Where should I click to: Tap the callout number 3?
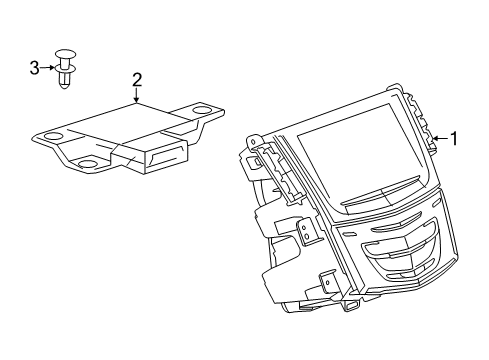pos(34,68)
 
